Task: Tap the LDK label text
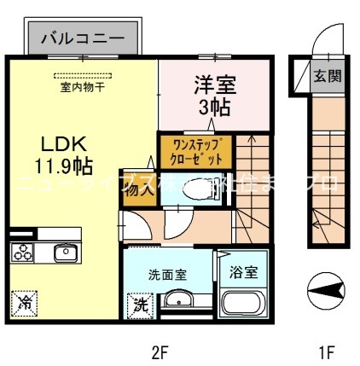click(54, 142)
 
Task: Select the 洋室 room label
click(212, 86)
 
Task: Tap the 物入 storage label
click(139, 190)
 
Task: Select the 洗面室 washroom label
click(167, 275)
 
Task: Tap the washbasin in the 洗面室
click(178, 301)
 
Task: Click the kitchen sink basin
click(65, 253)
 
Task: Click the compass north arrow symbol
click(325, 293)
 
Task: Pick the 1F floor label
click(326, 349)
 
